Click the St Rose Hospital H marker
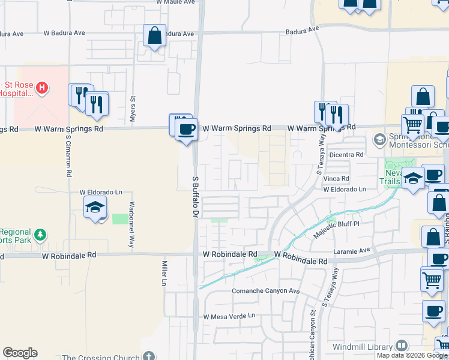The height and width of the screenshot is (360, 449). coord(41,89)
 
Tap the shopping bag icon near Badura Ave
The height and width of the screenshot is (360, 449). coord(155,35)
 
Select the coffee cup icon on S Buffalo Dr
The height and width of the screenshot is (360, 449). coord(187,129)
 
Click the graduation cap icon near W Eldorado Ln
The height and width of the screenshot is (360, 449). coord(95,208)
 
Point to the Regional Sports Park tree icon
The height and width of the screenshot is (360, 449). coord(40,233)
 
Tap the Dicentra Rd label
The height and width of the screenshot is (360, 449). coord(351,154)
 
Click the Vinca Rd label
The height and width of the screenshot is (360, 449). coord(336,179)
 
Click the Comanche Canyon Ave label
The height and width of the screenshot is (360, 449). coord(265,291)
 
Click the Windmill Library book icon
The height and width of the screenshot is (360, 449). coord(400,346)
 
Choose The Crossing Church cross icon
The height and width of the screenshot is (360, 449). coord(148,356)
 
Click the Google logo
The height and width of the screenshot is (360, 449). coord(20,353)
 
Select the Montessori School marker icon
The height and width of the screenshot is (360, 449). coord(379,140)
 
